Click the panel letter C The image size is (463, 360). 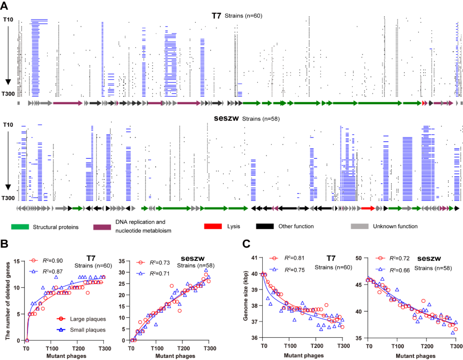tap(247, 244)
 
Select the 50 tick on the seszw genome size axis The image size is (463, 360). tap(359, 258)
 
